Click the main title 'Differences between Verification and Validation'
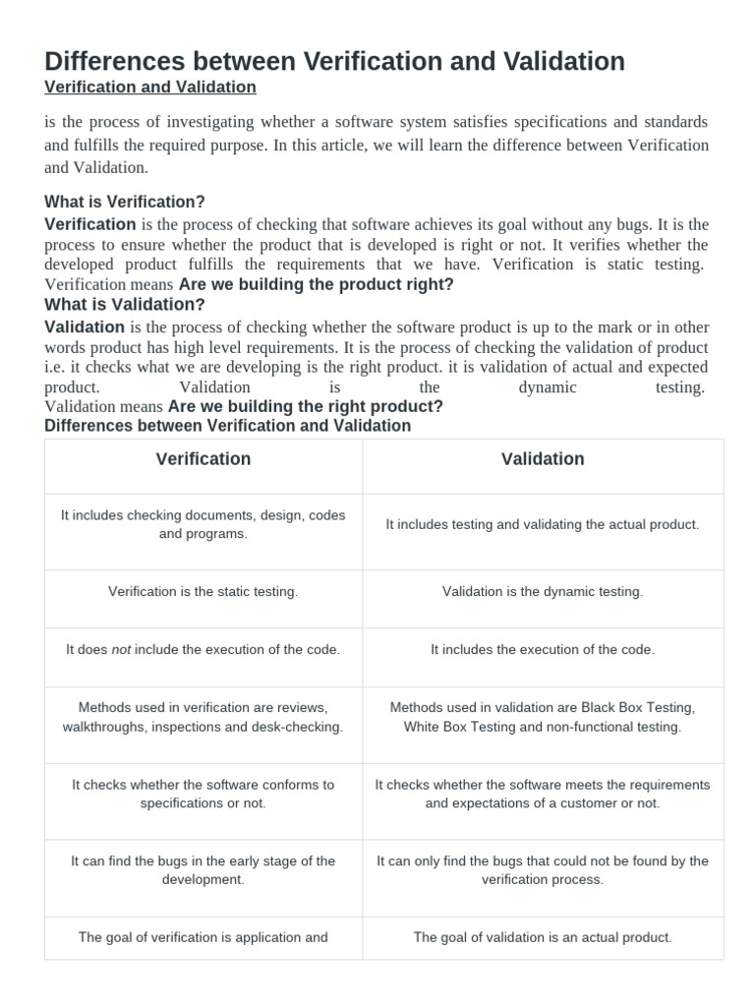(x=334, y=61)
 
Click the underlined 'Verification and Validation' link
(x=150, y=88)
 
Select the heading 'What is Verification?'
(x=125, y=202)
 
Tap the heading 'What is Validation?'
(x=125, y=305)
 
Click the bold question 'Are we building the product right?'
(x=317, y=285)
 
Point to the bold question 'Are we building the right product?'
(x=306, y=406)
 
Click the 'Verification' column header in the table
(x=203, y=459)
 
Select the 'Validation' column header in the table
(x=543, y=459)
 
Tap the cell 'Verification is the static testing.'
(x=203, y=592)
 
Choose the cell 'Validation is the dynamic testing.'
(x=543, y=592)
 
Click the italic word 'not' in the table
(x=121, y=650)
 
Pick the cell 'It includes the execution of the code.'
(x=543, y=650)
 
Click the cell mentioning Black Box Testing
(x=543, y=717)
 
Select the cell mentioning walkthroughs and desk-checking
(x=203, y=717)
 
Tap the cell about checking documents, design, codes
(x=203, y=524)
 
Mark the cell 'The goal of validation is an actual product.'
(x=543, y=937)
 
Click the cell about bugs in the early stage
(x=203, y=869)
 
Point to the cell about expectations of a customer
(x=543, y=794)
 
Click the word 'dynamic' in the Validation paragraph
(x=549, y=387)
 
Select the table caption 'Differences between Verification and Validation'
(x=228, y=426)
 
